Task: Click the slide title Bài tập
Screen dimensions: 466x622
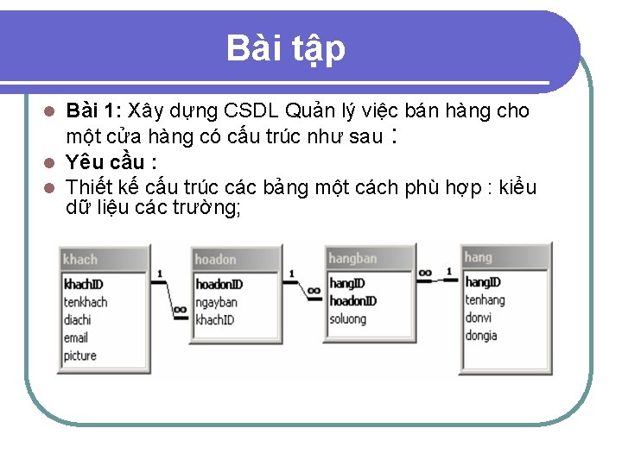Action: (x=285, y=48)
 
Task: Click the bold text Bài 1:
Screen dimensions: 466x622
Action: (x=96, y=111)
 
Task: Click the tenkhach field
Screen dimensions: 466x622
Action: (x=86, y=302)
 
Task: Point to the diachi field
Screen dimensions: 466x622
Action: (x=77, y=319)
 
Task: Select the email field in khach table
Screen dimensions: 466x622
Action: (x=76, y=337)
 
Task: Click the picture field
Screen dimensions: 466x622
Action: (x=79, y=356)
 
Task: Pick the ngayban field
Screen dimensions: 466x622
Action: (x=216, y=302)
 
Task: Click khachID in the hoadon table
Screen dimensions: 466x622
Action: (x=214, y=319)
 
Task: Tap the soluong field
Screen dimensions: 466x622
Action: (x=347, y=318)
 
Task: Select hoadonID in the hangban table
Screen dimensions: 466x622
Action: (x=352, y=300)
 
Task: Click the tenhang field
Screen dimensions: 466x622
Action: (x=485, y=299)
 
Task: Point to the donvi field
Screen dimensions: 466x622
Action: (x=479, y=318)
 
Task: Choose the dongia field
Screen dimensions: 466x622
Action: (x=481, y=335)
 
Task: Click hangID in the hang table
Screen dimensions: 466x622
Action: (x=483, y=282)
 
